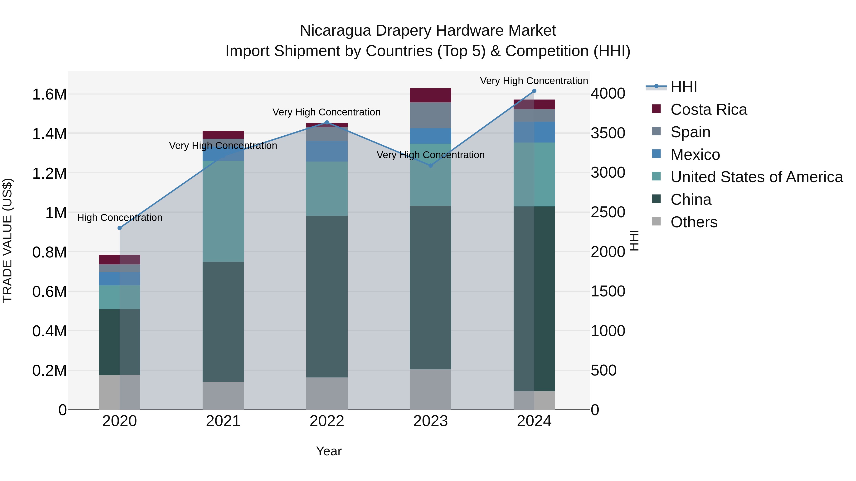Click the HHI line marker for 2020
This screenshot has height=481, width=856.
tap(120, 228)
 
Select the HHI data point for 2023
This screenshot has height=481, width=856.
tap(430, 165)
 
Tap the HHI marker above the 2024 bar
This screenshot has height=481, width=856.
tap(534, 91)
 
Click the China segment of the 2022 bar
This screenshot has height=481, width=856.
tap(327, 296)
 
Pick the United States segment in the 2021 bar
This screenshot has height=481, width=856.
tap(223, 211)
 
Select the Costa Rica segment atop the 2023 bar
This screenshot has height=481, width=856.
tap(430, 95)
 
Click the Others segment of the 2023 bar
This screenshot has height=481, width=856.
tap(430, 389)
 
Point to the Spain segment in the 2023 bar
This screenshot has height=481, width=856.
tap(430, 115)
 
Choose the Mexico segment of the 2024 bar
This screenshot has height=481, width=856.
tap(534, 132)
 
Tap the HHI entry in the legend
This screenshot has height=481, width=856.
tap(683, 87)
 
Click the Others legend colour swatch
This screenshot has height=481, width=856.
tap(656, 221)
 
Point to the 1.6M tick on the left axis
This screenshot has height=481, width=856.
tap(49, 95)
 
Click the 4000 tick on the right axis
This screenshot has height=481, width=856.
tap(608, 94)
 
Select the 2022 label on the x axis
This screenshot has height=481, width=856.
tap(327, 421)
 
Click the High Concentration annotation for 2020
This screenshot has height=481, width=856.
tap(120, 218)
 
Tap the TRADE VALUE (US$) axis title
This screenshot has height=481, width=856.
tap(8, 240)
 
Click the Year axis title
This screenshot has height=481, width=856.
tap(329, 451)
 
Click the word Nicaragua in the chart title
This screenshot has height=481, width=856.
tap(335, 31)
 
